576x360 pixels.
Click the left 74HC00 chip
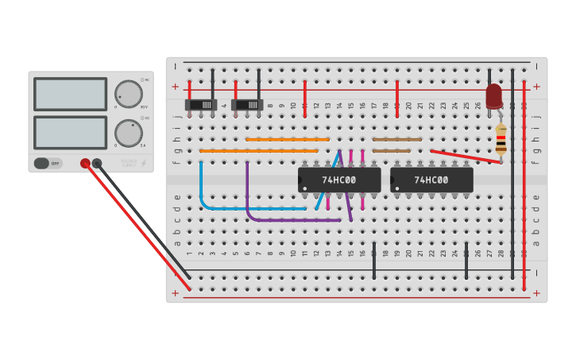339,180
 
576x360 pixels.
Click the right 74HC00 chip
431,180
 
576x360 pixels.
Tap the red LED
494,95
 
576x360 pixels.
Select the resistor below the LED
501,140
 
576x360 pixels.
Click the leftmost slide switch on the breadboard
201,104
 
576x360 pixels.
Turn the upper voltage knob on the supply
128,94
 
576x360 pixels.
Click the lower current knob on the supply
128,133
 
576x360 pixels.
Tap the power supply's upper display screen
70,94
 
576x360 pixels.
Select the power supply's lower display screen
70,132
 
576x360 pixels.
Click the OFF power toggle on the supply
48,163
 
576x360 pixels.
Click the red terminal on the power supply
85,163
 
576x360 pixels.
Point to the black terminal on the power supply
97,163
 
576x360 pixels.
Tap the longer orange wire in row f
258,150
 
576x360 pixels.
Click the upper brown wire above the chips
397,139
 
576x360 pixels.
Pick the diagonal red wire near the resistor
466,156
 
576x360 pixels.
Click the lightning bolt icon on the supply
143,163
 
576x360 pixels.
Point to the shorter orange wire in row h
287,139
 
